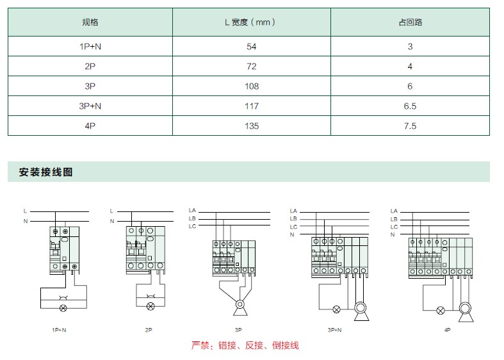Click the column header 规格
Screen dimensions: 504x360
click(x=90, y=22)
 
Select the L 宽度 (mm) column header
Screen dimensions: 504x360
click(x=250, y=22)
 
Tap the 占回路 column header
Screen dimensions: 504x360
click(x=410, y=22)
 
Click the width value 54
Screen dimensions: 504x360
click(x=251, y=47)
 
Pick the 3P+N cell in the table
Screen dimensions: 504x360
click(x=90, y=106)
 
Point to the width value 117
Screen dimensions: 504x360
click(x=251, y=106)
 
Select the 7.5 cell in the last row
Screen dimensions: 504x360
click(x=410, y=126)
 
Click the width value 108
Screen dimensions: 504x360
click(x=251, y=86)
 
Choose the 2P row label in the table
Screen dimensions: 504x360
click(x=90, y=67)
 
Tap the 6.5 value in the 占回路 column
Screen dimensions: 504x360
click(x=410, y=106)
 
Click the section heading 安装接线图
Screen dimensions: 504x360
click(x=45, y=172)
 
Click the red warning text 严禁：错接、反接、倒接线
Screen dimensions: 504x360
click(x=245, y=345)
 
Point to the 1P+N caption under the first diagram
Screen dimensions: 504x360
click(x=59, y=330)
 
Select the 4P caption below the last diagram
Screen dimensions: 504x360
click(x=448, y=330)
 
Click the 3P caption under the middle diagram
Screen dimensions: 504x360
click(x=238, y=330)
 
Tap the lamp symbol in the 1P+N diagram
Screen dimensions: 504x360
click(x=63, y=308)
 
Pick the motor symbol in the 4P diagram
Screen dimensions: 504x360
click(x=465, y=311)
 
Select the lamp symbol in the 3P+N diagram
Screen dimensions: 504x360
click(x=336, y=309)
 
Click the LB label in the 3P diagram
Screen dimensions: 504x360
click(x=192, y=218)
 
